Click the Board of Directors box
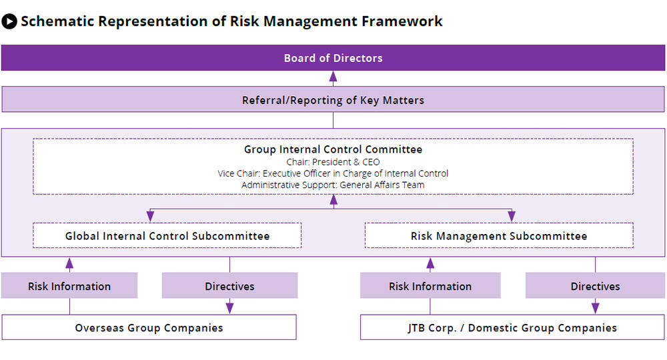[x=333, y=58]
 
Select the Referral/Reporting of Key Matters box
[x=333, y=99]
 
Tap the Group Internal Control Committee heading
[x=333, y=149]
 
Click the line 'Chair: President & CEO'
[x=333, y=162]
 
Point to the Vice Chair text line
[x=333, y=173]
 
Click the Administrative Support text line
[x=333, y=185]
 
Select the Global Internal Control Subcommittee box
[x=167, y=235]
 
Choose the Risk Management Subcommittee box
[x=499, y=235]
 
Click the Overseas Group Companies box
[x=149, y=327]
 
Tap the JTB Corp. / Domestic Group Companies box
[x=512, y=327]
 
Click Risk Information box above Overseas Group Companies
[x=69, y=285]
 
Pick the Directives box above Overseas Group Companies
[x=229, y=285]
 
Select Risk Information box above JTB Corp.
[x=430, y=285]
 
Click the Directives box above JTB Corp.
[x=595, y=285]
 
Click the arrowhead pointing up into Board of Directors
[x=333, y=76]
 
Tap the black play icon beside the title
[x=9, y=21]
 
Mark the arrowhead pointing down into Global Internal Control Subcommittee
[x=150, y=217]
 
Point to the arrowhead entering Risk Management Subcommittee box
[x=512, y=217]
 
